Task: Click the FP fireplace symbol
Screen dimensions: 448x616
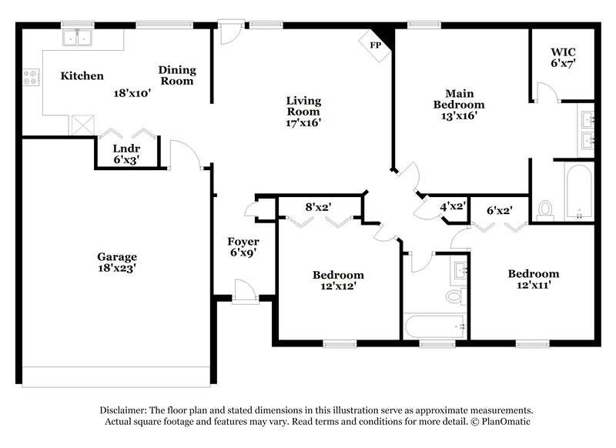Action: tap(376, 45)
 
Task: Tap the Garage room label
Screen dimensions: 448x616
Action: tap(117, 262)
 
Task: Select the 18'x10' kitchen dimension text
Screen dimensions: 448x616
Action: tap(132, 92)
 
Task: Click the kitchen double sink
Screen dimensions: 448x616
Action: tap(78, 38)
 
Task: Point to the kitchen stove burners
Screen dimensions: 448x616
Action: tap(32, 77)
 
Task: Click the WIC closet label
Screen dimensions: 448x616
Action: tap(562, 58)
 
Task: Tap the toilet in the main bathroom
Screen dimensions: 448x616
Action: tap(546, 209)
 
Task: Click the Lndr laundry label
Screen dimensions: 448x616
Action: tap(126, 155)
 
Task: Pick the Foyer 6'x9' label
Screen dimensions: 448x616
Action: tap(243, 247)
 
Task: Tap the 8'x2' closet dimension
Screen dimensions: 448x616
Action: tap(318, 206)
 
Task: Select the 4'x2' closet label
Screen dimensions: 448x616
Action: tap(453, 206)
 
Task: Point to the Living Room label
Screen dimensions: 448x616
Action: tap(303, 111)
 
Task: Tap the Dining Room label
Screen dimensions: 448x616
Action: tap(177, 75)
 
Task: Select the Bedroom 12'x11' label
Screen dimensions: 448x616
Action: tap(533, 279)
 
